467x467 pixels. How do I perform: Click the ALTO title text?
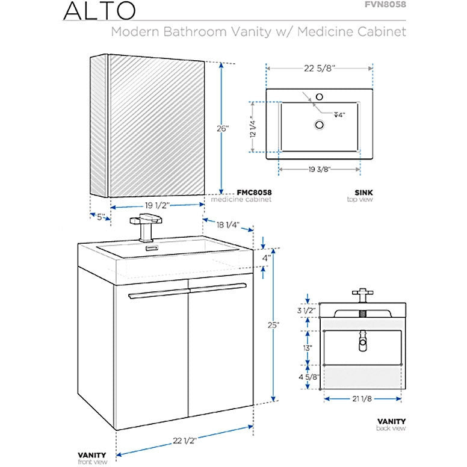[96, 10]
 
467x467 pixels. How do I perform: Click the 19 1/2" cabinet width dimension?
[156, 205]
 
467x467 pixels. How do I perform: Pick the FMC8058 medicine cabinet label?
[253, 193]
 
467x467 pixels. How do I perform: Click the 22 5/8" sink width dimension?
[319, 68]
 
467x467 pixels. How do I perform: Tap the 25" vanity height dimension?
[274, 325]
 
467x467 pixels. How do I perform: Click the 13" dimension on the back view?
[308, 348]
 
